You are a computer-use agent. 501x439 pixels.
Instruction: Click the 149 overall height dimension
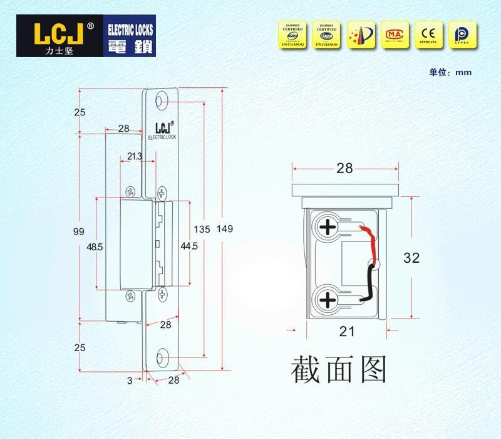coord(225,229)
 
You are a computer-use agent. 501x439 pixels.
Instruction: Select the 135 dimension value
coord(202,230)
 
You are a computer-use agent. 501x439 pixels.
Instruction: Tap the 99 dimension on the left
coord(78,231)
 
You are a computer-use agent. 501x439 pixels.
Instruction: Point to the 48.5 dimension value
coord(95,247)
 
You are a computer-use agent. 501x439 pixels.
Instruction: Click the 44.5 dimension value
coord(189,246)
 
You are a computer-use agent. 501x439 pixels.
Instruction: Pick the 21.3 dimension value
coord(134,156)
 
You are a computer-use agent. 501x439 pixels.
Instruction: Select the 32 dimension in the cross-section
coord(411,257)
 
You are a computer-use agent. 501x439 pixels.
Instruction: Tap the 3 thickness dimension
coord(130,380)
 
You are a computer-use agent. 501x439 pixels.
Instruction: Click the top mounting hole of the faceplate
coord(162,101)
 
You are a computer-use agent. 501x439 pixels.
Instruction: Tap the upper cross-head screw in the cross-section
coord(328,227)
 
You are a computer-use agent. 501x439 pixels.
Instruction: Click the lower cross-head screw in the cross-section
coord(328,299)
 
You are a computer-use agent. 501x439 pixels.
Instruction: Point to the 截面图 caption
coord(338,369)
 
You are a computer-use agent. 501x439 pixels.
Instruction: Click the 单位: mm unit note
coord(450,72)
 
